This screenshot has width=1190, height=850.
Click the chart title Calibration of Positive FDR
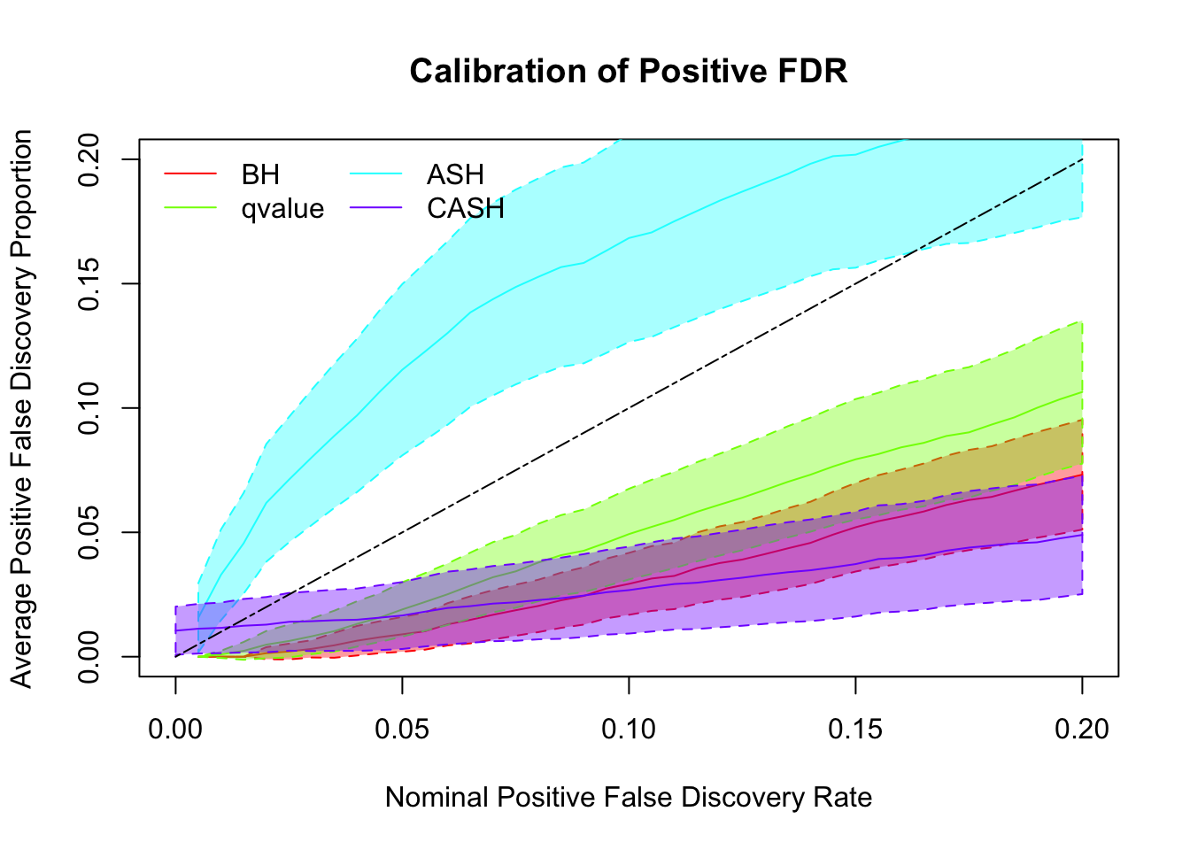(x=629, y=72)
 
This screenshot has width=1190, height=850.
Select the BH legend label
(x=260, y=174)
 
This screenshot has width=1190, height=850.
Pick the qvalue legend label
(x=282, y=209)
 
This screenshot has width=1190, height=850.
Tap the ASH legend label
(x=455, y=174)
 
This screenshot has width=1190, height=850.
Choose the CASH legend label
(x=465, y=209)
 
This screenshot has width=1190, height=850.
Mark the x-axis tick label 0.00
(x=175, y=729)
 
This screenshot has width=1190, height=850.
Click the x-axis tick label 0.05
(x=402, y=729)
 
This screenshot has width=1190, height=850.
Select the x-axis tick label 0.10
(x=629, y=729)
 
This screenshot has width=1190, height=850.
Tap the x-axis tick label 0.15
(x=855, y=729)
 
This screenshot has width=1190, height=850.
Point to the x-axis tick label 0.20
(x=1082, y=729)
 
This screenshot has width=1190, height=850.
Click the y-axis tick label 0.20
(x=90, y=159)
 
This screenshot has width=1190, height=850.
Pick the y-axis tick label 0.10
(x=90, y=408)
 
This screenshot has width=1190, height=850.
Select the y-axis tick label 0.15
(x=90, y=284)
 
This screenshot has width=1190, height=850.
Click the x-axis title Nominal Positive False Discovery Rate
(x=629, y=798)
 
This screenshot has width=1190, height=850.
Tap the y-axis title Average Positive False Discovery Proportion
(x=22, y=408)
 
